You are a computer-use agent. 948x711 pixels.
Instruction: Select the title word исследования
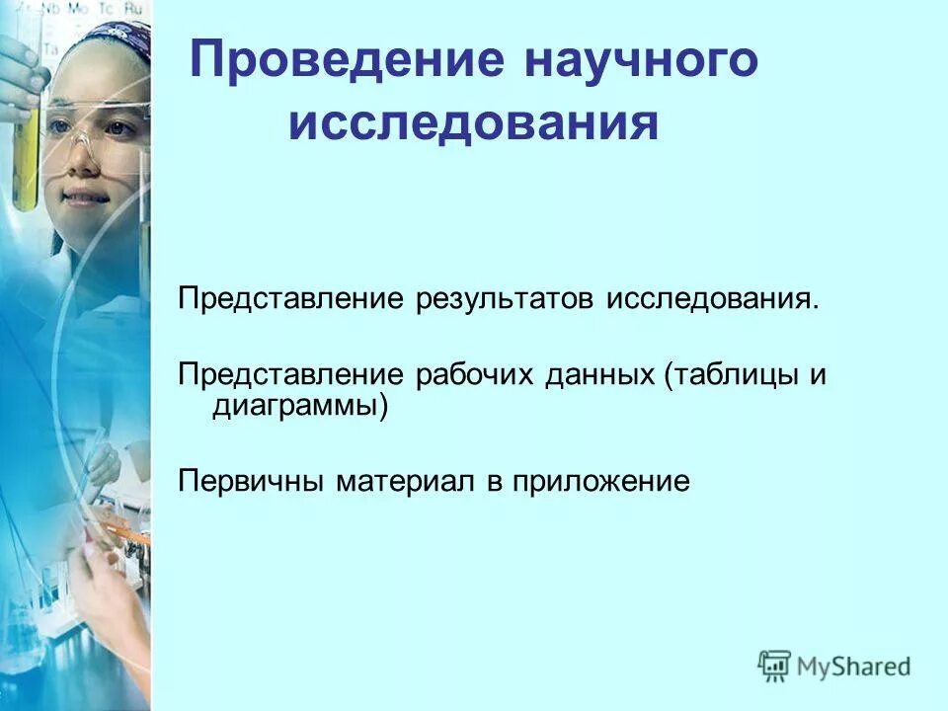click(473, 126)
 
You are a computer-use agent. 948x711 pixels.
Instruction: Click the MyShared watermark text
click(854, 667)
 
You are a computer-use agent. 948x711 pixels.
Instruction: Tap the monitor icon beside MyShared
click(775, 666)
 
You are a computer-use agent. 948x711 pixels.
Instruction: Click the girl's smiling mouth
click(87, 197)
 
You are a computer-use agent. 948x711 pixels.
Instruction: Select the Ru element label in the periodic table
click(133, 7)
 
